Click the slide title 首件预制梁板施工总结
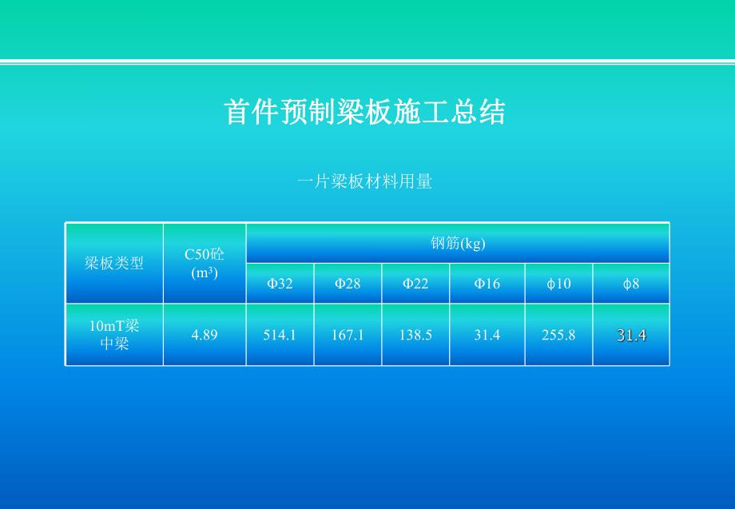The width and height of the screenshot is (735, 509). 365,113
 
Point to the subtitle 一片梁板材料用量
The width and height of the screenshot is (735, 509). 364,182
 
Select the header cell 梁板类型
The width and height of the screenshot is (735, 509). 114,263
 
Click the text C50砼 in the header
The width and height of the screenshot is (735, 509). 205,254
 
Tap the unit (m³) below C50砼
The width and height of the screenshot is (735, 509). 205,272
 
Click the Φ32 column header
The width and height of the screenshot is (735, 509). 280,284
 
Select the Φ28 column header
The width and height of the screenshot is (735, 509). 348,284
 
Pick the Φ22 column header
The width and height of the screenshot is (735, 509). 415,284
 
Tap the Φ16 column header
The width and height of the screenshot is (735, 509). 487,284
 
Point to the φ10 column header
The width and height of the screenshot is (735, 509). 558,284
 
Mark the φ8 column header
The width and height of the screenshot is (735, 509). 631,284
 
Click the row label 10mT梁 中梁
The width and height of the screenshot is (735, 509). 114,335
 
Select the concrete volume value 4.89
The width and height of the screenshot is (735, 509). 205,335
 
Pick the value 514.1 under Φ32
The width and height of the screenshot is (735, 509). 280,335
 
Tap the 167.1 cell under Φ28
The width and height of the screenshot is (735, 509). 348,335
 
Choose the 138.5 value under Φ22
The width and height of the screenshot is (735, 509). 415,335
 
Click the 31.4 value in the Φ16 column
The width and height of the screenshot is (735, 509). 487,335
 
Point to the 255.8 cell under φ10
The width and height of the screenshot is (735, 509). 558,335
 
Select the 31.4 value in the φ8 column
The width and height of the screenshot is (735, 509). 631,336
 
